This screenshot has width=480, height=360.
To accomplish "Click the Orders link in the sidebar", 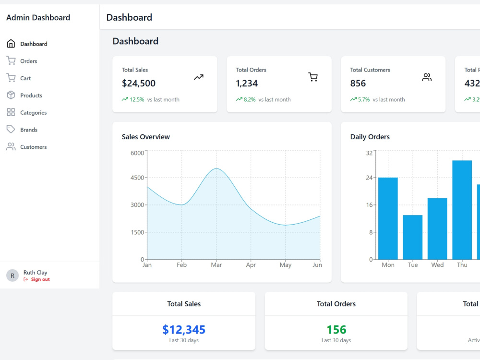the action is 28,61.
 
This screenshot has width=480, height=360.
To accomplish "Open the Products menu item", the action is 31,95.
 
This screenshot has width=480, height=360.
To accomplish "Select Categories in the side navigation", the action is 34,112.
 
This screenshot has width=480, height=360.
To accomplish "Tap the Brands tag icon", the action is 11,129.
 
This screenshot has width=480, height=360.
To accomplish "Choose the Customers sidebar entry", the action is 34,147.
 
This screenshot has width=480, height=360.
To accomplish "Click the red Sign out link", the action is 40,279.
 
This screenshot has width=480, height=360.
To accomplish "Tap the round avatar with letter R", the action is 12,276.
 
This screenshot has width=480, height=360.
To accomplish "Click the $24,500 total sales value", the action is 139,83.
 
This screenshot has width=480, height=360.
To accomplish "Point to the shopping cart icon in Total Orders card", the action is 313,77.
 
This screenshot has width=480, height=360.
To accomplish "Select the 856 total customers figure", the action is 358,83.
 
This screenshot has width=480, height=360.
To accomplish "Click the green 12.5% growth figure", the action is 137,99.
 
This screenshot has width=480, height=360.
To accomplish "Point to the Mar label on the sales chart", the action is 216,265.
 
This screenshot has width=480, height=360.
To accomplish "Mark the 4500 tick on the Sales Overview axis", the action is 137,178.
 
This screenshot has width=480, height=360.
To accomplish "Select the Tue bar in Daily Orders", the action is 413,237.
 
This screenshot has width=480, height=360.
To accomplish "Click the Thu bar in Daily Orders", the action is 462,210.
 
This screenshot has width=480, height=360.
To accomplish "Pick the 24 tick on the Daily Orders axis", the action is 369,178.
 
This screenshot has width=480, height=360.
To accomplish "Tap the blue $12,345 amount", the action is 184,329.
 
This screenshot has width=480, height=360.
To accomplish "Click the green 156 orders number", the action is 336,329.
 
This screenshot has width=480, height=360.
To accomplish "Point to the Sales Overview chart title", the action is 146,137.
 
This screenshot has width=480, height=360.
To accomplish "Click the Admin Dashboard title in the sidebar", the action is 38,17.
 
